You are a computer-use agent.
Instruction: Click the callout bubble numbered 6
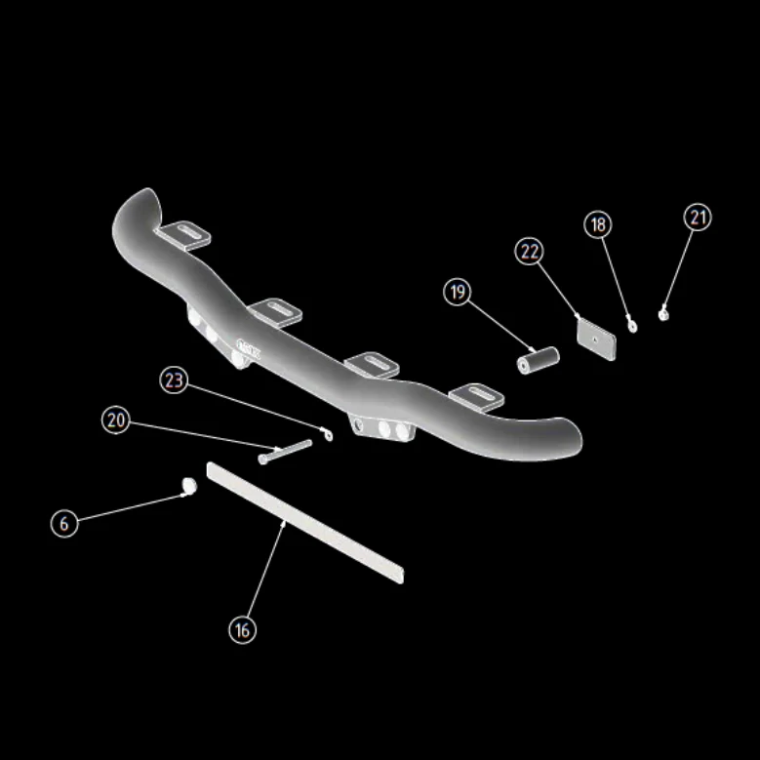tap(64, 524)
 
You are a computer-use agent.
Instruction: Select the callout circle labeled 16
tap(242, 630)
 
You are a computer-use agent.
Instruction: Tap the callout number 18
tap(598, 224)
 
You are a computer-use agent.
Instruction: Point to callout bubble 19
tap(457, 292)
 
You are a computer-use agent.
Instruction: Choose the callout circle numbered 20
tap(116, 420)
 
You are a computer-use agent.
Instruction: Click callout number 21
tap(698, 217)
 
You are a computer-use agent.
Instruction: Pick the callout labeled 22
tap(529, 251)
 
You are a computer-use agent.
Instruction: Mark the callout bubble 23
tap(174, 380)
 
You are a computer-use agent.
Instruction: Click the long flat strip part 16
tap(304, 523)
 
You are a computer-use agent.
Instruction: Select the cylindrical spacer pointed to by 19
tap(538, 360)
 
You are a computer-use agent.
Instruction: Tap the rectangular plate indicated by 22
tap(596, 339)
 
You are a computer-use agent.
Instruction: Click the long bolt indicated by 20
tap(285, 452)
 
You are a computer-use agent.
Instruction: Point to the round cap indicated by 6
tap(189, 485)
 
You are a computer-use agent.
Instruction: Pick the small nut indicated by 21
tap(663, 315)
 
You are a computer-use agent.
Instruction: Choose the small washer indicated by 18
tap(632, 327)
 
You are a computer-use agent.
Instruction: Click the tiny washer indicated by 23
tap(329, 435)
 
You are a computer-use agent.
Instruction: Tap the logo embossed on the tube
tap(248, 348)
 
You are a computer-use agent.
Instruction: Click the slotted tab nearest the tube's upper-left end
tap(183, 235)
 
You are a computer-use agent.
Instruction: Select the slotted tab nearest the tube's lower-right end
tap(477, 397)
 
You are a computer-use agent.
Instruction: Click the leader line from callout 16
tap(265, 569)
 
